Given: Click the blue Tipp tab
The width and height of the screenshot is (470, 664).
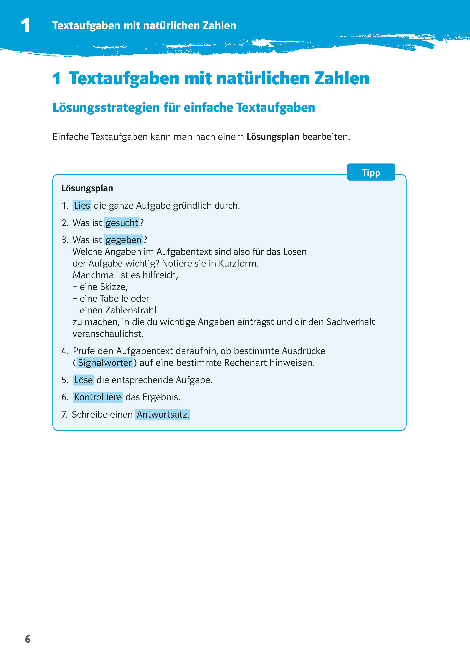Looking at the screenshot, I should click(x=371, y=172).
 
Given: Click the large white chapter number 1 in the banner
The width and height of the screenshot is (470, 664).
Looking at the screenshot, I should click(x=26, y=25).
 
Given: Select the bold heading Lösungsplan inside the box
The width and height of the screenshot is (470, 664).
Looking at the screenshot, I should click(x=87, y=188).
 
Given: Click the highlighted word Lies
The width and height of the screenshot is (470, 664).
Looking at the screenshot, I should click(x=82, y=206).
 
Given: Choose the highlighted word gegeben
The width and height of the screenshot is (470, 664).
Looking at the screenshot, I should click(x=124, y=240).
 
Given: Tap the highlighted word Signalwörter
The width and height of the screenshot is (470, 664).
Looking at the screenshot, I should click(x=105, y=363).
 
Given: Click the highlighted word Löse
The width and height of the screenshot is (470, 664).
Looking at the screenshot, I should click(x=83, y=380).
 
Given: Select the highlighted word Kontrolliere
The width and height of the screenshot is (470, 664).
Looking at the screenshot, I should click(x=98, y=397).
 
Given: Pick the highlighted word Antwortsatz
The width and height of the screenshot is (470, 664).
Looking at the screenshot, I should click(x=163, y=414).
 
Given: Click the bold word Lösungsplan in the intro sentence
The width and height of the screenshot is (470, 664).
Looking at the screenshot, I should click(x=273, y=137).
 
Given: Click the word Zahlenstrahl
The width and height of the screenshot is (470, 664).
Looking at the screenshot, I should click(x=131, y=310).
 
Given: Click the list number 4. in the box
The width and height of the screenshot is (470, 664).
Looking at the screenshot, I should click(x=65, y=351).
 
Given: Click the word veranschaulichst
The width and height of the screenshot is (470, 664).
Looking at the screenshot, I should click(x=108, y=334).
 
